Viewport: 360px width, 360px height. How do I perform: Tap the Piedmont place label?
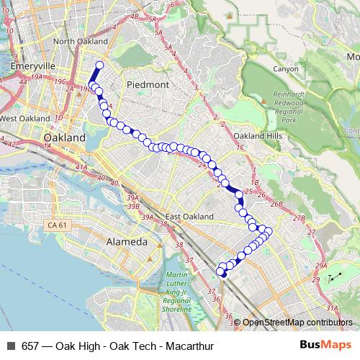[148, 84]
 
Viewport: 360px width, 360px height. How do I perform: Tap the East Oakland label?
[189, 217]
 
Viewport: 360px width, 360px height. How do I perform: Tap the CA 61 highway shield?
[56, 226]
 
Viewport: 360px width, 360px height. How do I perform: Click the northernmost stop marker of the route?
[99, 66]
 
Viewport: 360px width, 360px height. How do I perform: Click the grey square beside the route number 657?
[10, 346]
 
